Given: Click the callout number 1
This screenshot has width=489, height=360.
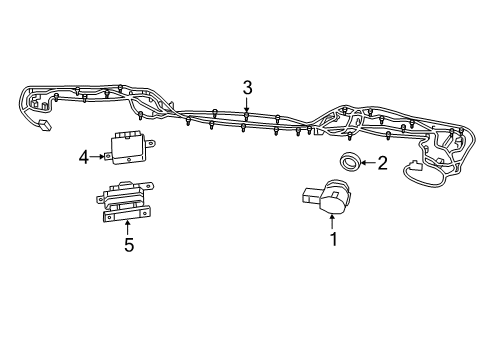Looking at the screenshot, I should click(x=333, y=239).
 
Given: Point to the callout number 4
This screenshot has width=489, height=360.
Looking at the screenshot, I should click(x=85, y=155).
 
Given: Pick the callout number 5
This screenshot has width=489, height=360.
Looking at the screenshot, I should click(x=128, y=244).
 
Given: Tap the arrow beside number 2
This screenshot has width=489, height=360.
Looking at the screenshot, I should click(x=366, y=162).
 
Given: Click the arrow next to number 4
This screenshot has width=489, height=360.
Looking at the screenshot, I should click(x=101, y=155).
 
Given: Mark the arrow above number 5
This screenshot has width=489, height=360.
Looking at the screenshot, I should click(x=128, y=226).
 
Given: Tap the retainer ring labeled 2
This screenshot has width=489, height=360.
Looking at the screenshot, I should click(x=348, y=161).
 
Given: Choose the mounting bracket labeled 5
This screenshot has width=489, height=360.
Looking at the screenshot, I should click(x=126, y=200).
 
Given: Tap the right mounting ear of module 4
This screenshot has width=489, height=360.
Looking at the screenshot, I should click(x=153, y=146).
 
